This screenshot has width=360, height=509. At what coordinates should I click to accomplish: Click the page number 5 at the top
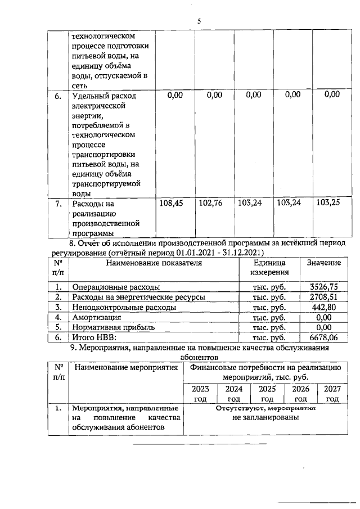199,21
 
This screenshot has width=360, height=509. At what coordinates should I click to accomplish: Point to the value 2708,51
323,297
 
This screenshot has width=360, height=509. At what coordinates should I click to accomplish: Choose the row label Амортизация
96,317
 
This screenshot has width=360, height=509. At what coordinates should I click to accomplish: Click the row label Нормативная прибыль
113,327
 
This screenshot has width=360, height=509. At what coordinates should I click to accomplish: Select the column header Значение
323,263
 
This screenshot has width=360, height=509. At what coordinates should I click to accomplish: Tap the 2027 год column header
332,393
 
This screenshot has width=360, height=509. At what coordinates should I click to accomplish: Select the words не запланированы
266,418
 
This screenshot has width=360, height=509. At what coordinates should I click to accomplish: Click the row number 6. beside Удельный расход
58,96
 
